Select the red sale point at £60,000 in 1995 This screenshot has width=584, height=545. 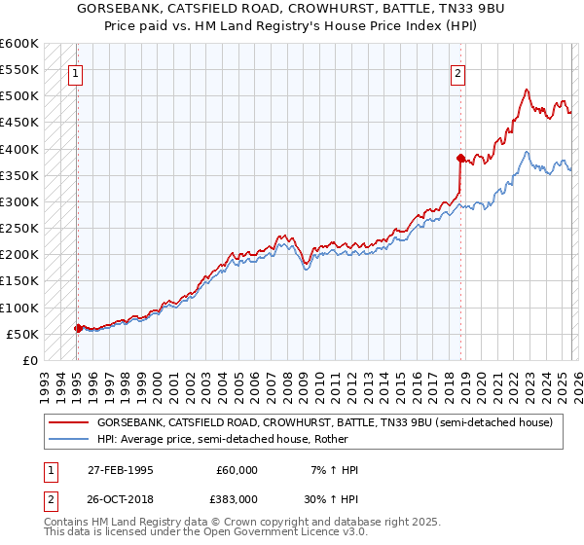tap(78, 328)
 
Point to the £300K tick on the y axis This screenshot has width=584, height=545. tap(19, 202)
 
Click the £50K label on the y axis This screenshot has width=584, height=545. tap(22, 334)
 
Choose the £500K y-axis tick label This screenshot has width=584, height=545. tap(19, 96)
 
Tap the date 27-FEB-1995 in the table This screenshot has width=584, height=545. tap(118, 470)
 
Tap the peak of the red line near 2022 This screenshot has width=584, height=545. tap(526, 90)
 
